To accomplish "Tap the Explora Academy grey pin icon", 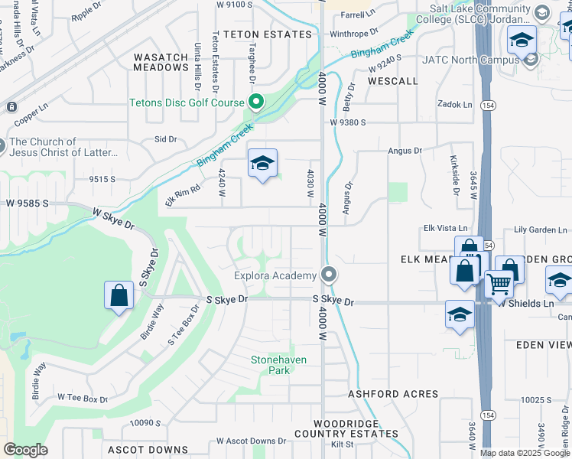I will pyautogui.click(x=330, y=274).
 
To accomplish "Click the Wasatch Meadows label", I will pyautogui.click(x=161, y=62).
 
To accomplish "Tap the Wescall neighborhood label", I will pyautogui.click(x=392, y=80).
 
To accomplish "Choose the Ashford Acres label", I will pyautogui.click(x=393, y=394).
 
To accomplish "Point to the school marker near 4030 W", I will pyautogui.click(x=262, y=163).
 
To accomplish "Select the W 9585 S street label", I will pyautogui.click(x=28, y=204).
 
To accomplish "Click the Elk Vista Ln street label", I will pyautogui.click(x=445, y=229).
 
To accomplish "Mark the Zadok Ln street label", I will pyautogui.click(x=454, y=103).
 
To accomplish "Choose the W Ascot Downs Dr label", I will pyautogui.click(x=251, y=441).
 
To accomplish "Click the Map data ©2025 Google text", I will pyautogui.click(x=525, y=453).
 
